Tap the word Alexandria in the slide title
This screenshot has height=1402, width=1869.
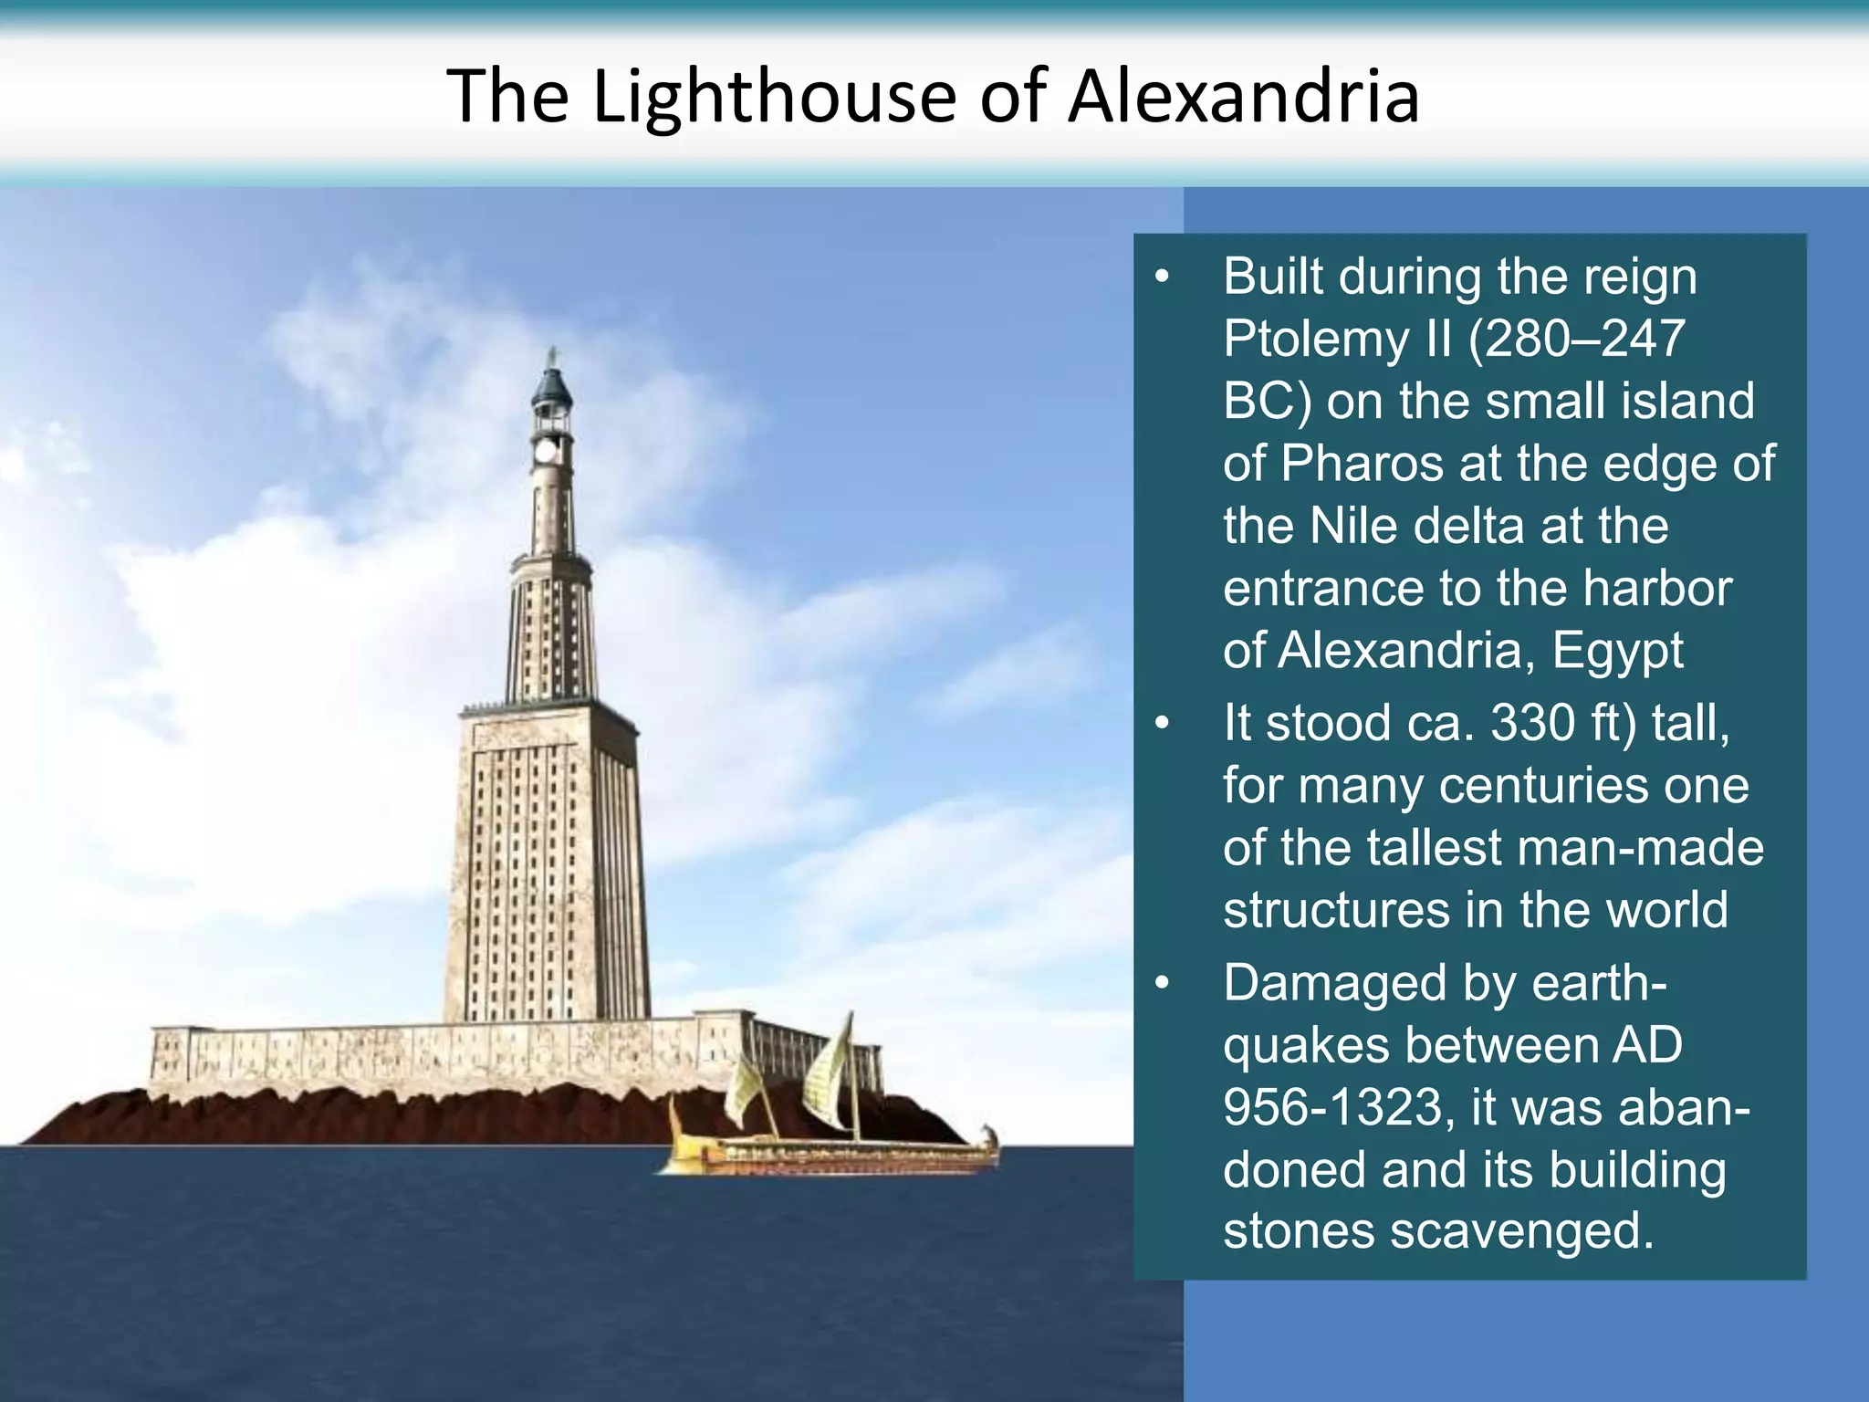pos(1243,97)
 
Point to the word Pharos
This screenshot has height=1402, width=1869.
pos(1363,464)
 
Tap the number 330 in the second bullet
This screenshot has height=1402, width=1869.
pos(1532,723)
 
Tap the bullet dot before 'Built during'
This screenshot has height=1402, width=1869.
pos(1161,277)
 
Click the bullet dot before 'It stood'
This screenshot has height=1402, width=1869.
pos(1161,724)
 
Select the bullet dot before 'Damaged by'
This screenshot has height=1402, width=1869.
pos(1161,984)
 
